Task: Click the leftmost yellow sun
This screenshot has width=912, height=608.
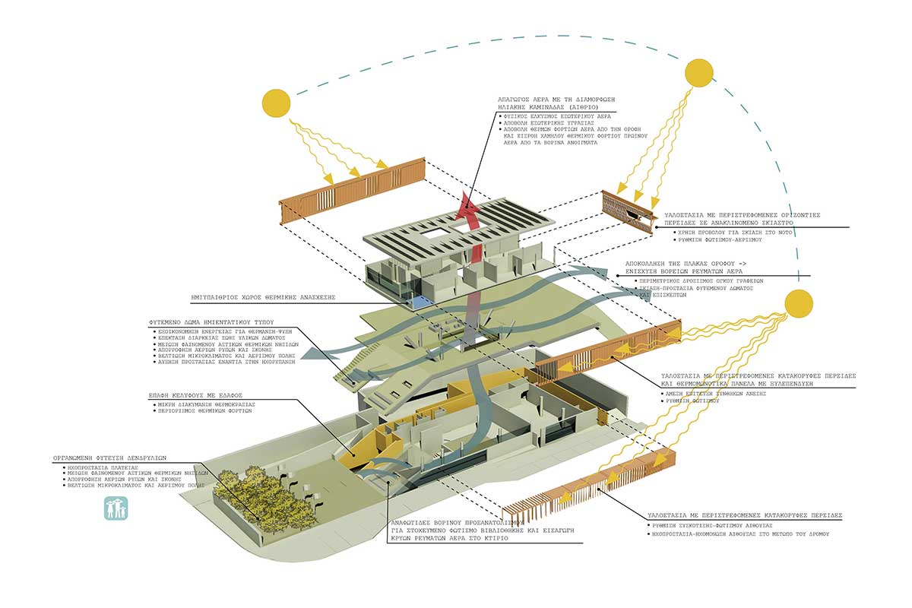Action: (x=277, y=103)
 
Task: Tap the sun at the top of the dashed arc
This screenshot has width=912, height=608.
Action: (x=699, y=73)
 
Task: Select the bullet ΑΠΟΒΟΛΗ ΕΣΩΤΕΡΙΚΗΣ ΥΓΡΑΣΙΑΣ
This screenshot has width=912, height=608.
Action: (x=539, y=123)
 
